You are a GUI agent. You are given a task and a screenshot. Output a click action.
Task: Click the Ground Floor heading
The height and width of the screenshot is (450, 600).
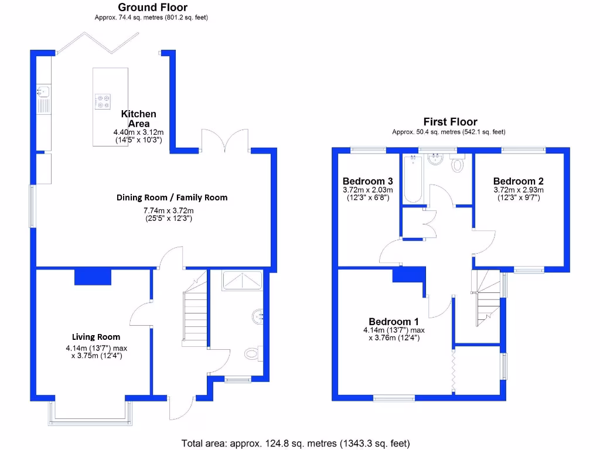click(x=152, y=8)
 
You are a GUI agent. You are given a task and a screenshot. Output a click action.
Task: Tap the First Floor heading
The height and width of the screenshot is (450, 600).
click(x=450, y=122)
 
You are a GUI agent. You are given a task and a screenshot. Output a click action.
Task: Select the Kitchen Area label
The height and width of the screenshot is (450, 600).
click(x=139, y=118)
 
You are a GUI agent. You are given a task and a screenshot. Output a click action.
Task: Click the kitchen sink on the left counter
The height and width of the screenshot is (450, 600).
click(x=43, y=91)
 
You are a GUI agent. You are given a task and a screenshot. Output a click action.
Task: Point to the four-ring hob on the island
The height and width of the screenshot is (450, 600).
click(x=104, y=102)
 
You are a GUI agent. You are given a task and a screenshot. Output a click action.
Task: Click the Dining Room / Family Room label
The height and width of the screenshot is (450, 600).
click(x=172, y=197)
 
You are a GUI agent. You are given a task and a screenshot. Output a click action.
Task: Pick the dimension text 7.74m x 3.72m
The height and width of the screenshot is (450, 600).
click(x=169, y=210)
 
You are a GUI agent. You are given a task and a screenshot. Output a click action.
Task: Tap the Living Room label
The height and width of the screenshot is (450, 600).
click(x=96, y=337)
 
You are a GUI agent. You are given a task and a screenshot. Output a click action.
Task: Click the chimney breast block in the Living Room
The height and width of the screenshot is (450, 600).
click(x=93, y=277)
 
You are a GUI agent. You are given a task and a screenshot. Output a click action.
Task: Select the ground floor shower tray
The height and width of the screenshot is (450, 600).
click(x=241, y=281)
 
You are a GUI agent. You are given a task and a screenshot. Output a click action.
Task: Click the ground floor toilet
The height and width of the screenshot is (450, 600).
click(x=252, y=353)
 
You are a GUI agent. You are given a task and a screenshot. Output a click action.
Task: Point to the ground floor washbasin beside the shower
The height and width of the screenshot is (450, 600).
click(x=257, y=318)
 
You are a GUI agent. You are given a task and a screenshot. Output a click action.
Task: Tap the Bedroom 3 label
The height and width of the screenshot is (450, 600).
click(x=367, y=181)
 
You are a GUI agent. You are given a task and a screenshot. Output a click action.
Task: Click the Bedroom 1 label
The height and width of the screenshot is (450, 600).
click(x=394, y=322)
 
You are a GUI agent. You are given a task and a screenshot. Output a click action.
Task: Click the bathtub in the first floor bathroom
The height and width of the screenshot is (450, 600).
click(x=412, y=179)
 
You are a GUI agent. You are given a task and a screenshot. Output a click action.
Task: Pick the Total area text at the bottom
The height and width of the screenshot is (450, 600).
click(x=296, y=443)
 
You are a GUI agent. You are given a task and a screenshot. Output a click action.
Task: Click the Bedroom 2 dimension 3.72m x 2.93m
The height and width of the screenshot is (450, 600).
click(x=518, y=190)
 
